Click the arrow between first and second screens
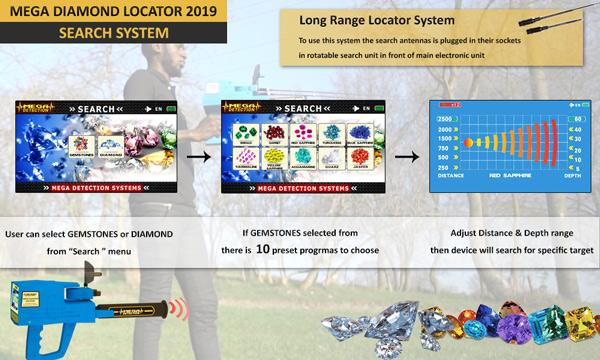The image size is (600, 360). click(x=198, y=156)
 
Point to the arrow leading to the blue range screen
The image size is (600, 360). click(x=406, y=156)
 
